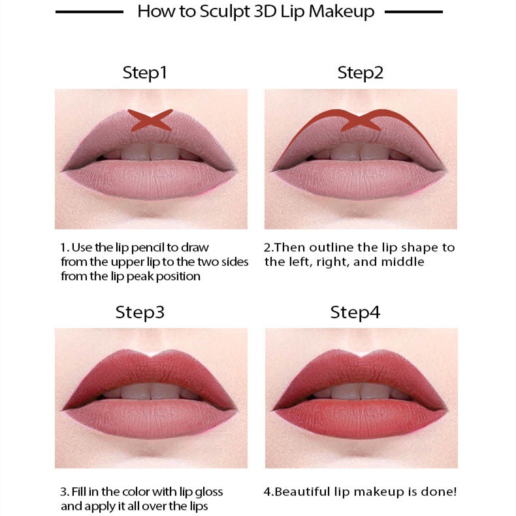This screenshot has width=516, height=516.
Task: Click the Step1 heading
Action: point(145,73)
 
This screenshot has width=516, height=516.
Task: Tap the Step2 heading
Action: point(360,73)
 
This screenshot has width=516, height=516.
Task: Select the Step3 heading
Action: point(140,312)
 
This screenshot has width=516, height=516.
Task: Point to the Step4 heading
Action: point(355,312)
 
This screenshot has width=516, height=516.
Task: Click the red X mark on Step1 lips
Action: point(150,119)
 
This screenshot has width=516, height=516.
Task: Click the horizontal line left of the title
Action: point(89,12)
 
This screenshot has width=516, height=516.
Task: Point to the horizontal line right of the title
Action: point(414,12)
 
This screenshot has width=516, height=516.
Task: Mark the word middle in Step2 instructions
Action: point(405,262)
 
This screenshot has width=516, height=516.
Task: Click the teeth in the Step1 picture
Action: point(151,153)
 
